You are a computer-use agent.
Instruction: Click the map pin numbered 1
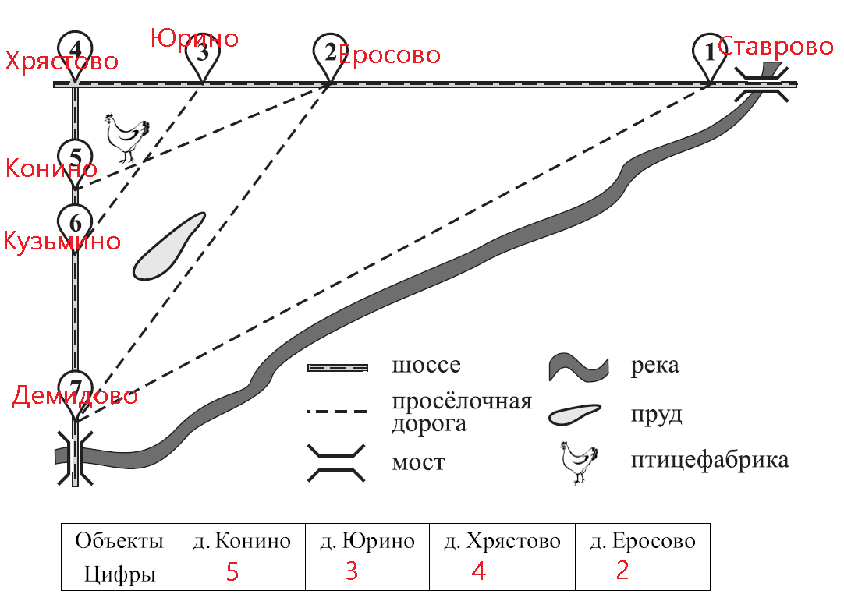[x=709, y=54]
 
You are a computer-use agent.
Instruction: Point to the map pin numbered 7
[x=76, y=387]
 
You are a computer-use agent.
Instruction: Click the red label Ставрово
[x=775, y=47]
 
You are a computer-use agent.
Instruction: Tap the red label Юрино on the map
[x=194, y=37]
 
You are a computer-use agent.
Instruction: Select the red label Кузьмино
[x=62, y=241]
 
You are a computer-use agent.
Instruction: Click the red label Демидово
[x=75, y=396]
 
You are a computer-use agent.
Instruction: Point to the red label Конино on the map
[x=51, y=168]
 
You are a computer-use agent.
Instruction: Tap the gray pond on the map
[x=168, y=246]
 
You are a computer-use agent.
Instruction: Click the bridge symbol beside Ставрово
[x=766, y=83]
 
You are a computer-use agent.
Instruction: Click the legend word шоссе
[x=427, y=366]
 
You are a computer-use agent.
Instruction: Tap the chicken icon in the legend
[x=579, y=463]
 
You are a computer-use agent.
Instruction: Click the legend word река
[x=655, y=366]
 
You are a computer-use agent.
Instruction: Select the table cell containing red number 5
[x=242, y=572]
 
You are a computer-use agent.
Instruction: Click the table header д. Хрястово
[x=502, y=541]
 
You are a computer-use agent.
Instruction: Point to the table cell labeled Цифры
[x=120, y=574]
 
